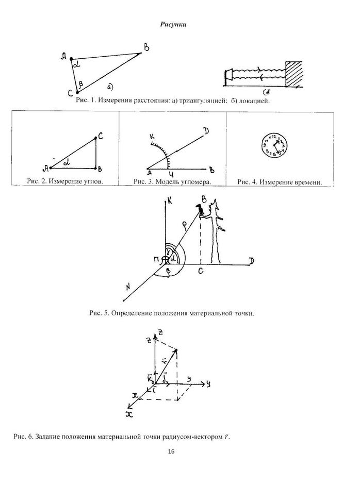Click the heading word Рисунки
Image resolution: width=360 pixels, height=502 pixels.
point(173,24)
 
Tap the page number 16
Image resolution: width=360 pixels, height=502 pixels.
point(171,451)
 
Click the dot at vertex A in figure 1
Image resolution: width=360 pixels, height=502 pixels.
point(72,59)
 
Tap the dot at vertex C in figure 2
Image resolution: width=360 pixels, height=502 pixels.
point(96,138)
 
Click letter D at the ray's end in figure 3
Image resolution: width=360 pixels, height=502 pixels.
point(206,131)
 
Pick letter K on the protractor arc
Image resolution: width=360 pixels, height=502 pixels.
point(152,137)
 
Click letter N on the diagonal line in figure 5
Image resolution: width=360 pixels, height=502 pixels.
point(129,288)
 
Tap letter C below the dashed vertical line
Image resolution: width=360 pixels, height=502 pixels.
point(200,270)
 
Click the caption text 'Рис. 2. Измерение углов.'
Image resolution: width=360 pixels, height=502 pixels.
point(64,181)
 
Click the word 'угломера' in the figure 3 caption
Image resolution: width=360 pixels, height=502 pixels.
point(194,181)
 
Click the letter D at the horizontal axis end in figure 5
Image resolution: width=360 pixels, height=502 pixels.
point(251,261)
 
